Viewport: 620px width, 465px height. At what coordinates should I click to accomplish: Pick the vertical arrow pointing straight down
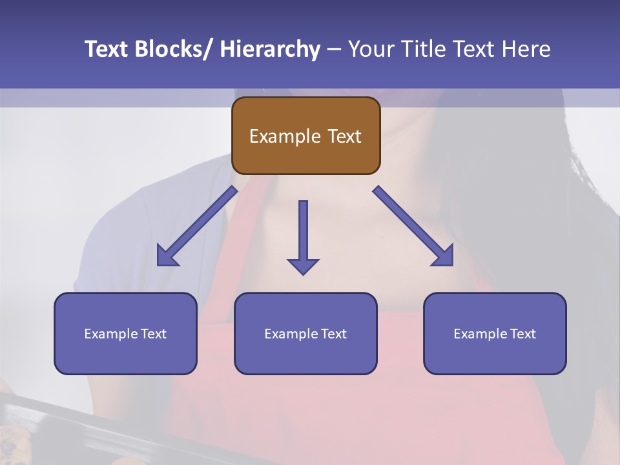pyautogui.click(x=303, y=236)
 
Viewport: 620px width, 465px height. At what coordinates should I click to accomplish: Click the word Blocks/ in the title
pyautogui.click(x=172, y=49)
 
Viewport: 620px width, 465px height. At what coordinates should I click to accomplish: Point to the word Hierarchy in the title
pyautogui.click(x=269, y=49)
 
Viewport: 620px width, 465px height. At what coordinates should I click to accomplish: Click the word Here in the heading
pyautogui.click(x=526, y=49)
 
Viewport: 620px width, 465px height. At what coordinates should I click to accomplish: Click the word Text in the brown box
pyautogui.click(x=344, y=136)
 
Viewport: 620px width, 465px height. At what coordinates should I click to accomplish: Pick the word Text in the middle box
pyautogui.click(x=333, y=334)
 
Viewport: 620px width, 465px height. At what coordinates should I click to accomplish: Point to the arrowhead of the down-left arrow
pyautogui.click(x=167, y=256)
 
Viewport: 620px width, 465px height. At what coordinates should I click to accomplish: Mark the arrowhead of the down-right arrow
pyautogui.click(x=444, y=256)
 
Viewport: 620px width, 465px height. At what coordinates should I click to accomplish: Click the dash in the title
pyautogui.click(x=334, y=49)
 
